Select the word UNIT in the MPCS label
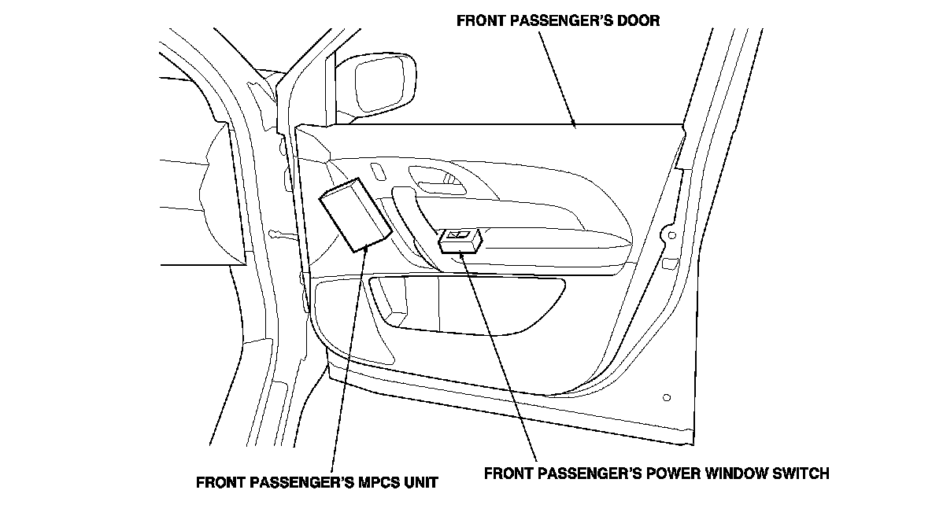(x=418, y=481)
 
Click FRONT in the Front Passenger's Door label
(x=480, y=21)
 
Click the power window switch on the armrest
(x=460, y=240)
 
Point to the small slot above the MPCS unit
(x=378, y=172)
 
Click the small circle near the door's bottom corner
(x=667, y=397)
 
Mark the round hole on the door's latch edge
(x=671, y=234)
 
